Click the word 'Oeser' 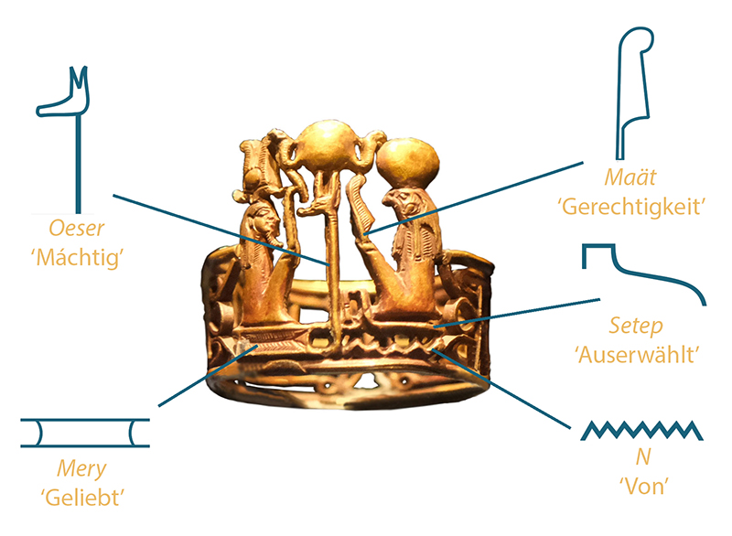(77, 228)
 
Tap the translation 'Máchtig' (77, 257)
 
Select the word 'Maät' (630, 177)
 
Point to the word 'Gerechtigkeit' (631, 207)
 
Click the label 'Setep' (636, 326)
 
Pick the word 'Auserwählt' (638, 355)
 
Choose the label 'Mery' (81, 469)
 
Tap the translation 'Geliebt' (82, 498)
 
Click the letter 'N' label (643, 457)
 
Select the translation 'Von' (644, 487)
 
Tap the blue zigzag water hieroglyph (641, 430)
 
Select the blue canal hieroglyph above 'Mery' (85, 434)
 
